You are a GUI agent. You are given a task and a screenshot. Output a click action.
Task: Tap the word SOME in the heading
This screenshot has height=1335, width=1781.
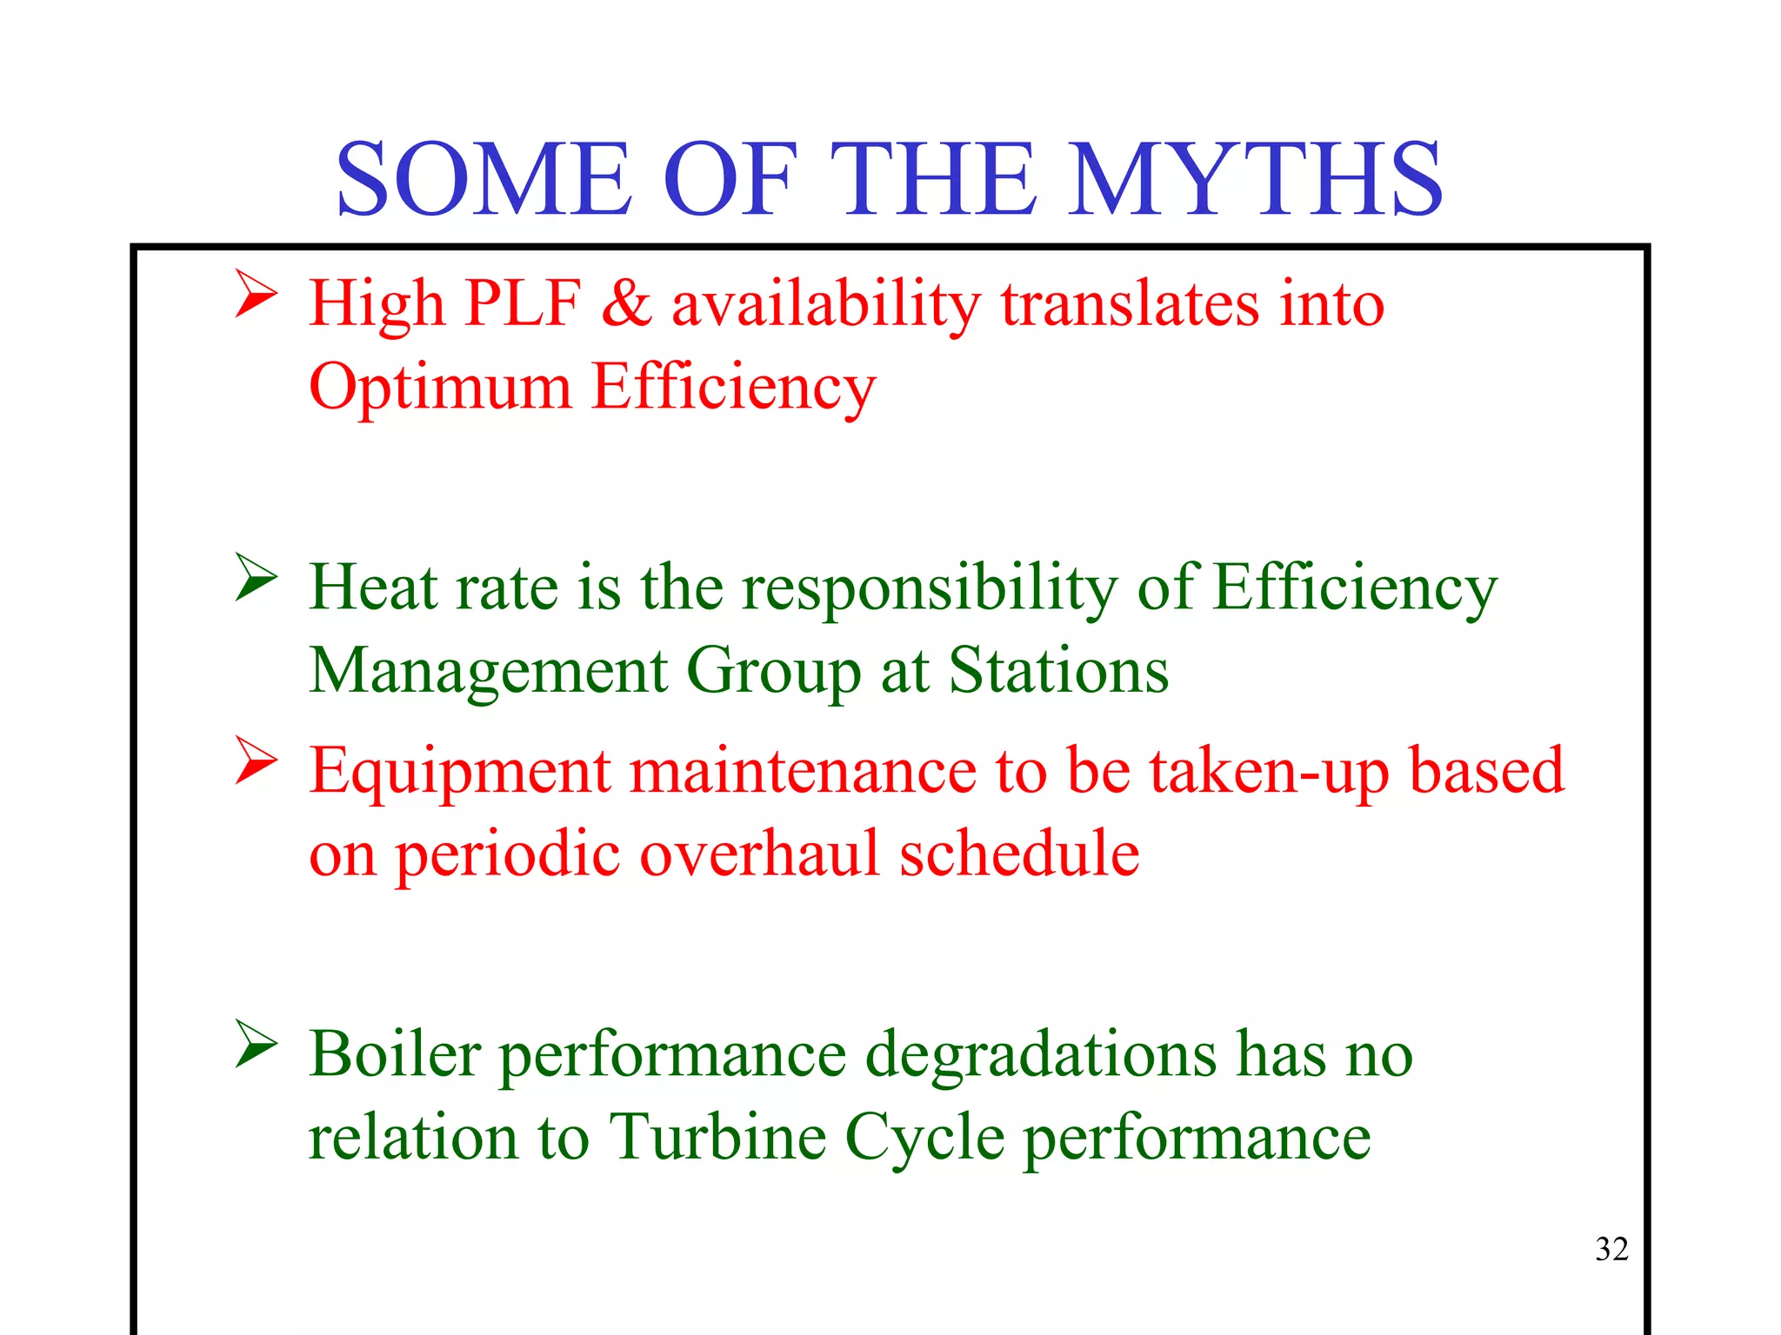click(484, 179)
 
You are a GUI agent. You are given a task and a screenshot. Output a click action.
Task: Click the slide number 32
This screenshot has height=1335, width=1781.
click(1611, 1249)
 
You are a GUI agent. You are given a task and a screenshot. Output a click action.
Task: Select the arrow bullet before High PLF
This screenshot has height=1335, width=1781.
click(256, 295)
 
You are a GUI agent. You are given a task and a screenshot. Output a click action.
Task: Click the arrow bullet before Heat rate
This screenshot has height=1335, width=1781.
click(256, 578)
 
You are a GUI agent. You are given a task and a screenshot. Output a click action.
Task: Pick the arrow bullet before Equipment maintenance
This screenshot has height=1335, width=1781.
click(256, 761)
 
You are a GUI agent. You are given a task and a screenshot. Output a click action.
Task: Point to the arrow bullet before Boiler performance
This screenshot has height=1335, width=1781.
click(256, 1045)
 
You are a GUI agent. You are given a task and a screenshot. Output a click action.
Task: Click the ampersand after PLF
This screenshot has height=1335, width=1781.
click(626, 303)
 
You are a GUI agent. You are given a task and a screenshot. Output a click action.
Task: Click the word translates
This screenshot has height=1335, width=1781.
click(1130, 303)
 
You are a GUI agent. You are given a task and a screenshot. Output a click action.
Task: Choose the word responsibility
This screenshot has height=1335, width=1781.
click(929, 588)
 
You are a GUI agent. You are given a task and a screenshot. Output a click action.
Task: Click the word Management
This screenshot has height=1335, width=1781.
click(489, 672)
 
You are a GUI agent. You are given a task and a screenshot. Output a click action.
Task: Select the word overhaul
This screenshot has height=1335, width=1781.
click(759, 853)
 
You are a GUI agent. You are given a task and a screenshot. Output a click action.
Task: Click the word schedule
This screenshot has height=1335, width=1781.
click(1019, 853)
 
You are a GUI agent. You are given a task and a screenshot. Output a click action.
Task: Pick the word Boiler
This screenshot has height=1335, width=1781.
click(396, 1053)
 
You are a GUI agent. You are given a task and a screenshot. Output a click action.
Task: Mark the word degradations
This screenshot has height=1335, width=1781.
click(1041, 1055)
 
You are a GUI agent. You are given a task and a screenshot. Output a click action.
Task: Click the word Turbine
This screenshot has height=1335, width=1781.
click(717, 1137)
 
